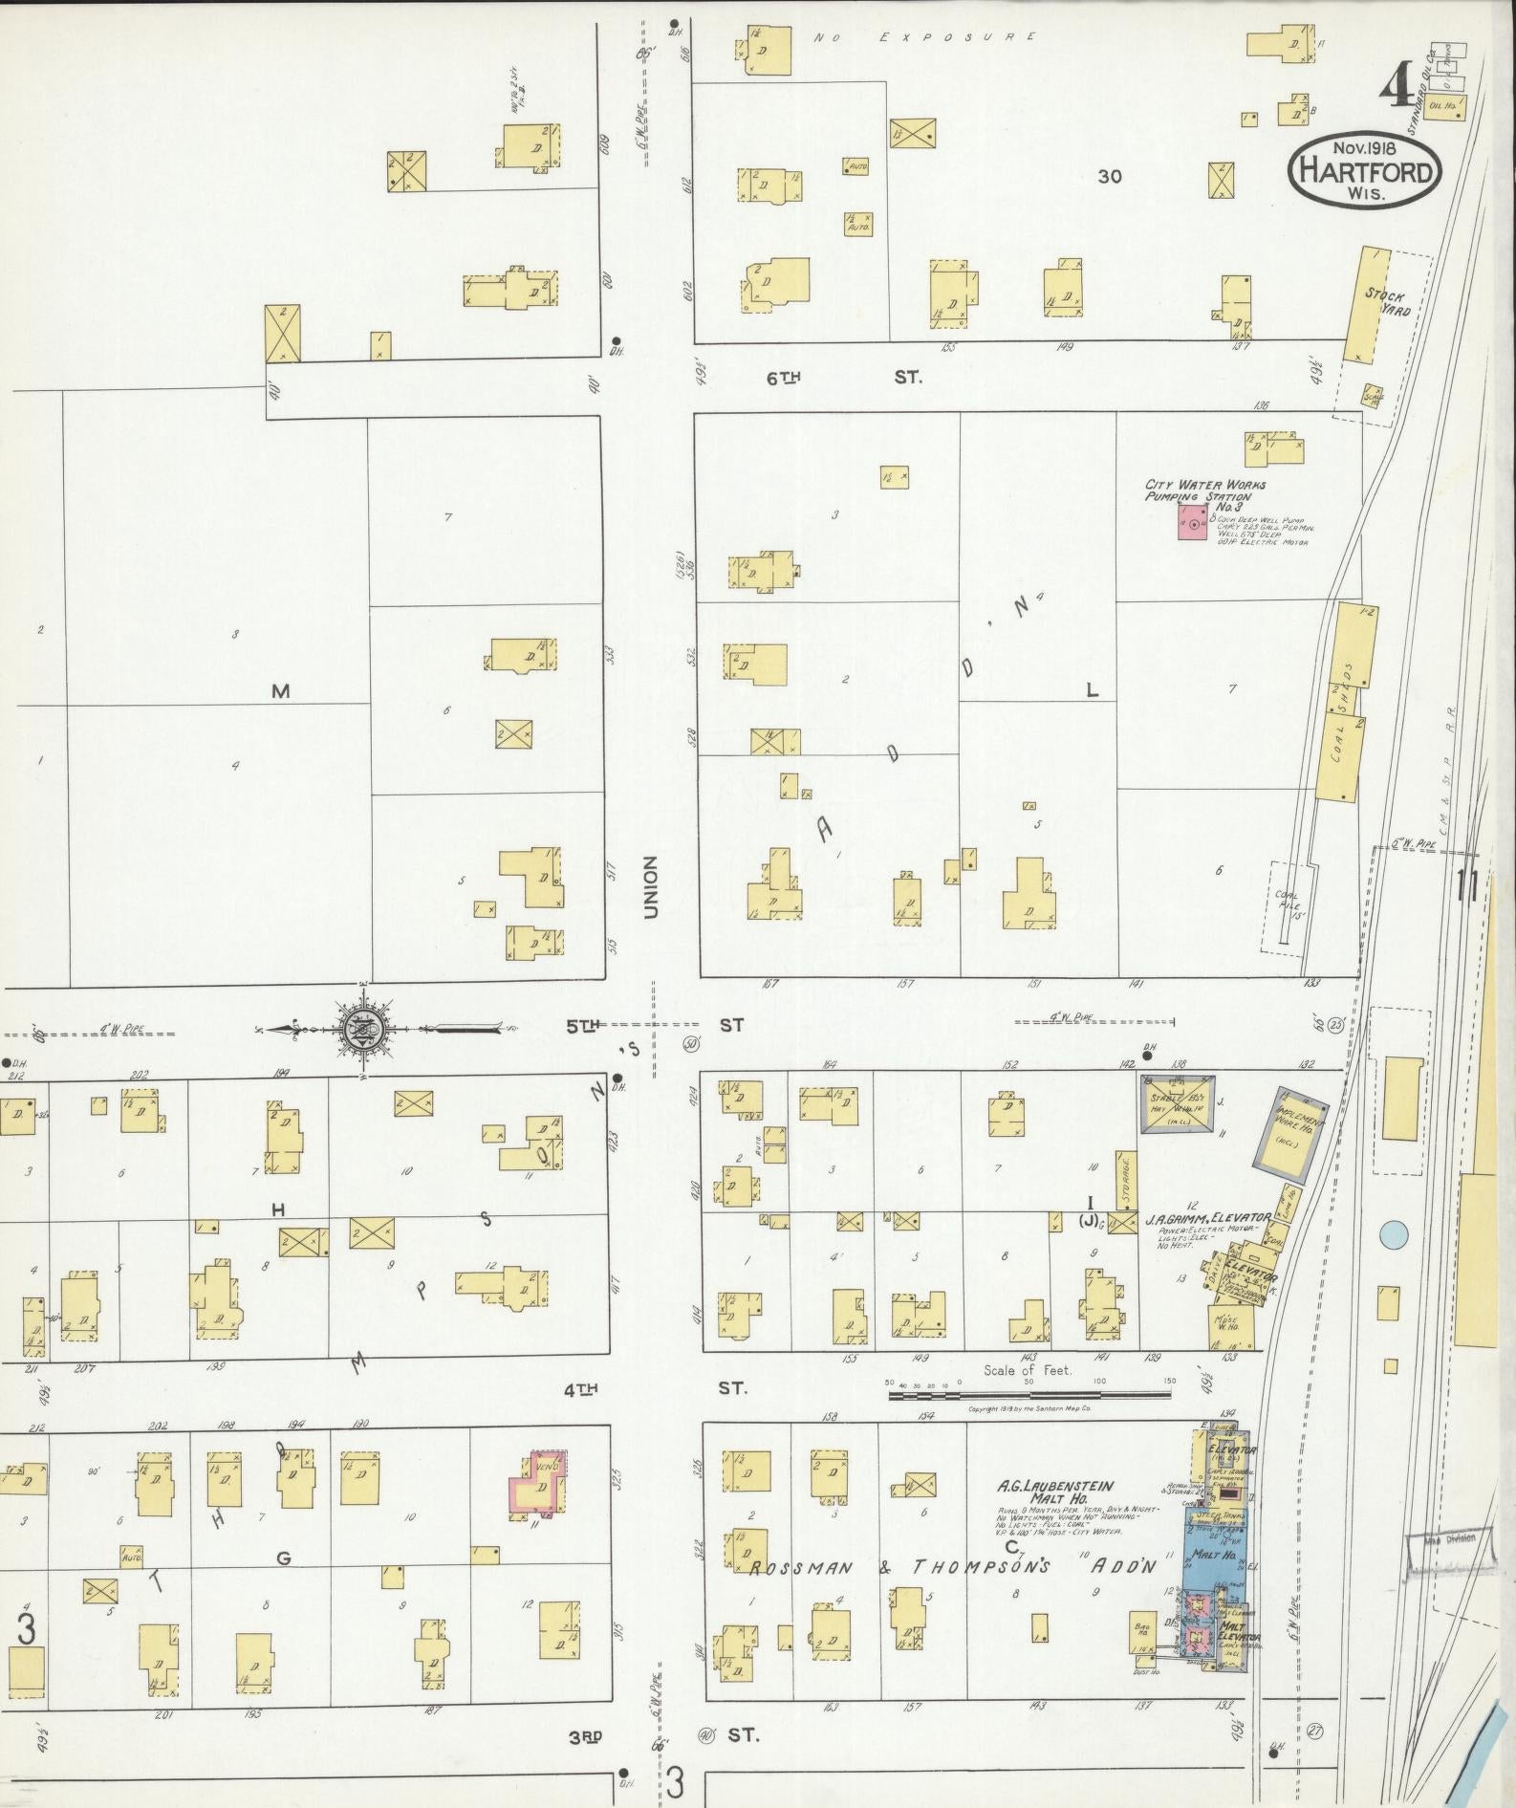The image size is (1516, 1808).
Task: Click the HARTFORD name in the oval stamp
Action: pos(1364,172)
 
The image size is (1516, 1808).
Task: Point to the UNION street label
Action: pos(651,887)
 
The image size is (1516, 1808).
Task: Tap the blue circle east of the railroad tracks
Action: pos(1395,1234)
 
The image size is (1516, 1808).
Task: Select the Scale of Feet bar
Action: pos(1029,1395)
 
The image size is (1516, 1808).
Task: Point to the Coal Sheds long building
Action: pos(1344,704)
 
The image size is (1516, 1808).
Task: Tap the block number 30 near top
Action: pos(1109,176)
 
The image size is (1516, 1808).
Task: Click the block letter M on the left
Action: pos(280,691)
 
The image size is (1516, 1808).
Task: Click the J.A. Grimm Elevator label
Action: pos(1206,1219)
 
